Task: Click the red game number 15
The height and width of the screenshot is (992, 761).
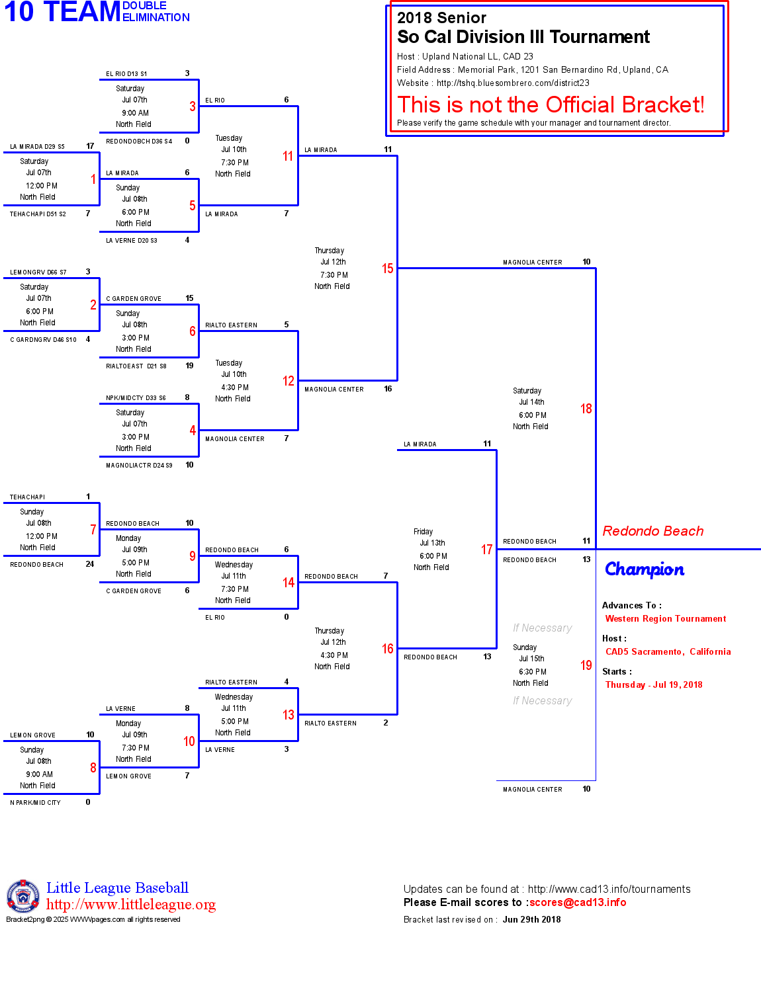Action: [x=387, y=269]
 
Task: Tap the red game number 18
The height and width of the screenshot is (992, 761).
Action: [x=586, y=409]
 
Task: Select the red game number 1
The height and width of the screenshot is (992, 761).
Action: [x=93, y=179]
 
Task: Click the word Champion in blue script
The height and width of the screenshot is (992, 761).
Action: [x=645, y=569]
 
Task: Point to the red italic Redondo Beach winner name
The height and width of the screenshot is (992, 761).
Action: [x=652, y=531]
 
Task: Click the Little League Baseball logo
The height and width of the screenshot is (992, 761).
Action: [x=23, y=896]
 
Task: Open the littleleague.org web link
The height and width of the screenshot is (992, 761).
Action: [x=131, y=905]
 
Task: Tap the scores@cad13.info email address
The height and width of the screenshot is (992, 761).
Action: [x=577, y=903]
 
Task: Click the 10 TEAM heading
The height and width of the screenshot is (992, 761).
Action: [x=62, y=12]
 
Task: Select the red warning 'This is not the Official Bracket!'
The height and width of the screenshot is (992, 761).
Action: [x=551, y=104]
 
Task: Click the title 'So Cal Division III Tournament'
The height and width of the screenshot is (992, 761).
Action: [x=523, y=37]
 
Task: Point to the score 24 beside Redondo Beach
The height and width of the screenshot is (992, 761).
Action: [x=90, y=564]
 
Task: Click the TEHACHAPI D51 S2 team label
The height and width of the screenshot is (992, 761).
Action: [x=38, y=214]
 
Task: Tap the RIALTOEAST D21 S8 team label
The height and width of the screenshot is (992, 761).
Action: [x=136, y=366]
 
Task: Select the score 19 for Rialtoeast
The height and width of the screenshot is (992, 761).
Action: [x=189, y=366]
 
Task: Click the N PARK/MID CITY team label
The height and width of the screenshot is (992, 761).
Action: [x=35, y=803]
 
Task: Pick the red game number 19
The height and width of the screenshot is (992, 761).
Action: [x=586, y=665]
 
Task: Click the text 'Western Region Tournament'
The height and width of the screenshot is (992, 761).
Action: [x=665, y=619]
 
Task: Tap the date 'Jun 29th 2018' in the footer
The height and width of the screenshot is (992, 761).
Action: [x=531, y=920]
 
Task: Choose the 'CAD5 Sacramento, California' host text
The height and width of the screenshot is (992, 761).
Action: [x=668, y=652]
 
